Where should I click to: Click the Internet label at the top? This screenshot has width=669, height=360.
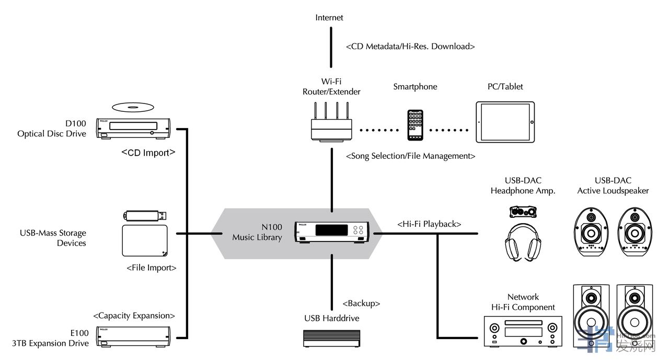329,18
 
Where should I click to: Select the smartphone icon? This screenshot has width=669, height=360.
416,125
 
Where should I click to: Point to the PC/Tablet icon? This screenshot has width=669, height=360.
505,122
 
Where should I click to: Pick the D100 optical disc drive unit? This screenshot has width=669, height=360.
133,128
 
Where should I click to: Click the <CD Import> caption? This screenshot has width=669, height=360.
148,153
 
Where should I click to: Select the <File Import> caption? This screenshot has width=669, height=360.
152,268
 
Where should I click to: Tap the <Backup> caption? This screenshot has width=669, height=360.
361,304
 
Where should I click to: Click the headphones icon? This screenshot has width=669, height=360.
523,242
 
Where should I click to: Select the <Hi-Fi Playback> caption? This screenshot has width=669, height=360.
429,224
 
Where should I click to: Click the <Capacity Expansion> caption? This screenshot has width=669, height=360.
134,316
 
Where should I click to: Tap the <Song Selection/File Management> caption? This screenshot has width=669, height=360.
410,156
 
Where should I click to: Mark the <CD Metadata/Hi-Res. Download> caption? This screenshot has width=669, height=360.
410,47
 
